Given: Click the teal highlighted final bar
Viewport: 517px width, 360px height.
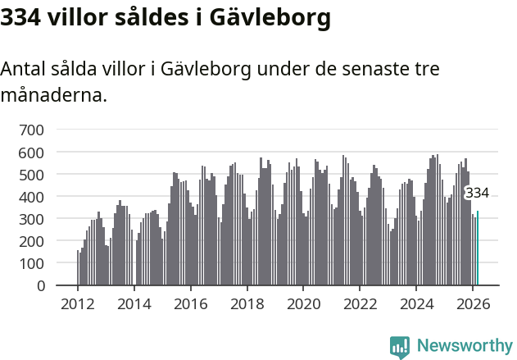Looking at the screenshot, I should coord(478,248).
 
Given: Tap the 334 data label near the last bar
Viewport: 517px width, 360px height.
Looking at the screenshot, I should coord(477,194).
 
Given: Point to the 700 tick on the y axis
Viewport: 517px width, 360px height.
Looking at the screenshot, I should coord(31,130).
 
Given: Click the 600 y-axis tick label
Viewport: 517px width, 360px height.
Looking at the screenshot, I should coord(31,153).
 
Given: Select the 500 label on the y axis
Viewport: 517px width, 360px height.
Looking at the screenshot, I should coord(31,175).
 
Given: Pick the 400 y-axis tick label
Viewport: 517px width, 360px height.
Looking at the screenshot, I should coord(31,197).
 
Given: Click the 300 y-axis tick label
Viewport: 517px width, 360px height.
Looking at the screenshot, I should coord(31,220).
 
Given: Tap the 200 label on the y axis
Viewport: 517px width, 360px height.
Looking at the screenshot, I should coord(31,242).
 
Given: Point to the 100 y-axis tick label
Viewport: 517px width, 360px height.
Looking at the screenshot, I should coord(31,264).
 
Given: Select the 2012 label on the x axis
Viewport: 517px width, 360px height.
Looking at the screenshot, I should coord(78,303).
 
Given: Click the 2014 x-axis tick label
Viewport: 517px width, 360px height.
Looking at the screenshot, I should coord(134,303).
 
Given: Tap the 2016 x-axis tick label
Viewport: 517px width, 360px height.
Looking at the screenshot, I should coord(191,303).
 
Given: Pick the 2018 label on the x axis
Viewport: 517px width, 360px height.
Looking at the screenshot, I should coord(247,303).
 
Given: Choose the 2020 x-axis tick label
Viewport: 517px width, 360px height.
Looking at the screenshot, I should coord(304,303).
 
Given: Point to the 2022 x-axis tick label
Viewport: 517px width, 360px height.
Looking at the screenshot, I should coord(360,303).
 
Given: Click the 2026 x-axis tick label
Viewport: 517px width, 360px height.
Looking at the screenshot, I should coord(473,303).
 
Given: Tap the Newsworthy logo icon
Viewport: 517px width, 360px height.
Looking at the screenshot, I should coord(400,347).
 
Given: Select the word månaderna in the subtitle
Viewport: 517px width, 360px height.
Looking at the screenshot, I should coord(53,95).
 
